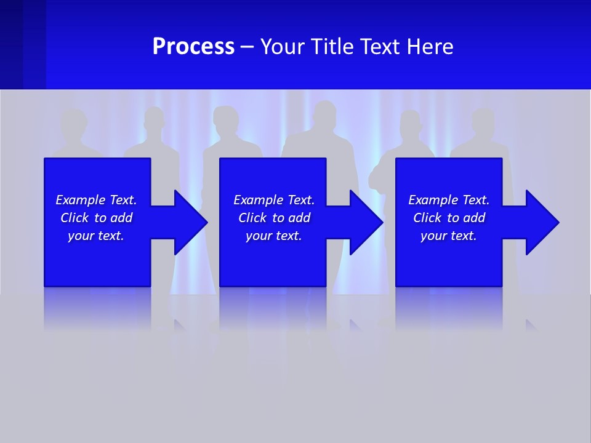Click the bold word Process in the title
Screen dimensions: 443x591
coord(193,47)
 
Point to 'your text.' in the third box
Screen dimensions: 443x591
coord(448,236)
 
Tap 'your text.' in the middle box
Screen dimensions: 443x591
coord(273,236)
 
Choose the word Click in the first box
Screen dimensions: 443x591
coord(75,218)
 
